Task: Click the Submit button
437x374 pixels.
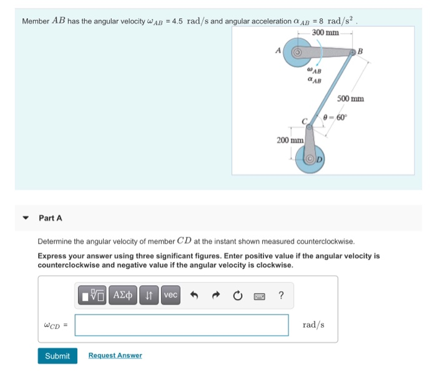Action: point(57,356)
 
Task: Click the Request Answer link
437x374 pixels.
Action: point(115,356)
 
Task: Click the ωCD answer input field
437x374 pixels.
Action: point(182,325)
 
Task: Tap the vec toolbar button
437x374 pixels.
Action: point(170,295)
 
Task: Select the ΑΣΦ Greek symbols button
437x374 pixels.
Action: point(124,295)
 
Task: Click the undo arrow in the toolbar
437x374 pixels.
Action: point(195,295)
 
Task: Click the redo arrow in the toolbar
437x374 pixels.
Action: point(216,295)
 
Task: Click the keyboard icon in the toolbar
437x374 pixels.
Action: point(258,295)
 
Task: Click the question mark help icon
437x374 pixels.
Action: point(281,295)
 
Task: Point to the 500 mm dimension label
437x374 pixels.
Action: point(350,99)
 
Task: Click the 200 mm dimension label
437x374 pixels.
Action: point(290,141)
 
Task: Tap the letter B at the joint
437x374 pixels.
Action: point(360,51)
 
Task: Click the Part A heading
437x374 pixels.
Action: point(51,218)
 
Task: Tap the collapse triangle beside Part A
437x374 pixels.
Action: point(26,218)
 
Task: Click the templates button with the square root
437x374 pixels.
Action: point(92,295)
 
